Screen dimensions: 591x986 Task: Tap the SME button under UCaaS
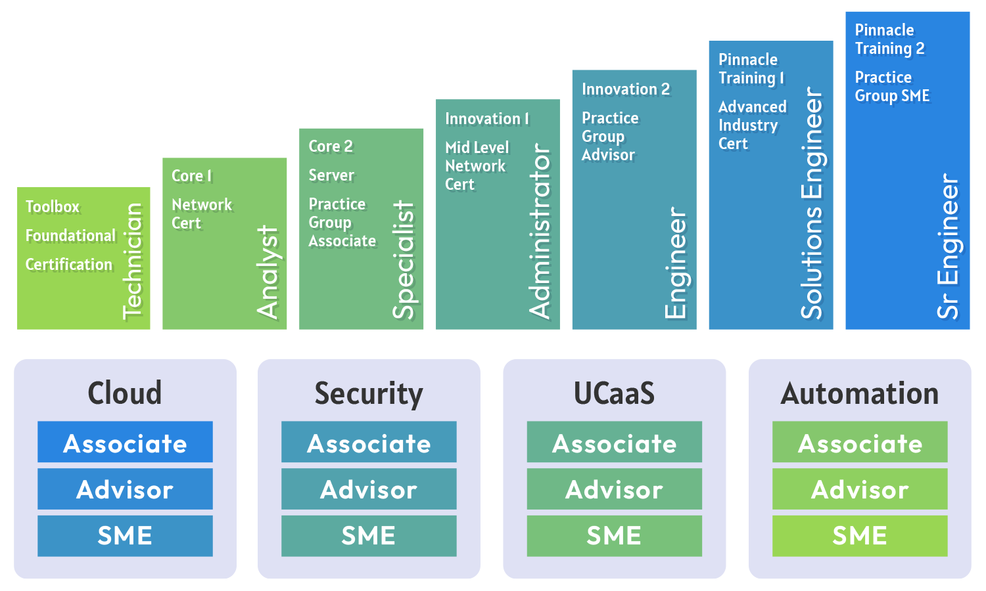click(x=614, y=536)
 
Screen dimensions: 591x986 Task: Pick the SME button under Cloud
click(x=125, y=536)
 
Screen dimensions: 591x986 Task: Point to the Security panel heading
click(x=369, y=393)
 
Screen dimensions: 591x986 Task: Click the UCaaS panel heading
click(x=614, y=393)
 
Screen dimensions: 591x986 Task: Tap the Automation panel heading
click(x=860, y=393)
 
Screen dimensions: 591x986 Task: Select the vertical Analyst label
click(x=268, y=272)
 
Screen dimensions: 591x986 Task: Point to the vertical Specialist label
click(x=404, y=260)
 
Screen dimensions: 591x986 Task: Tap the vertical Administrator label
click(x=540, y=231)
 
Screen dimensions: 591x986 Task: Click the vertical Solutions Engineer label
click(x=812, y=204)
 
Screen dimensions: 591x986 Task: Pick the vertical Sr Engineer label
click(x=949, y=246)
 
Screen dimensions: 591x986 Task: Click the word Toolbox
click(x=53, y=207)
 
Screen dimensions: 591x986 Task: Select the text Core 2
click(x=331, y=146)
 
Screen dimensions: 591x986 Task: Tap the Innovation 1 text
click(x=487, y=119)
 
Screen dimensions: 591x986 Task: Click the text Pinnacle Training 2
click(x=889, y=39)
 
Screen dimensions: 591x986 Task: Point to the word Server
click(x=331, y=175)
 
